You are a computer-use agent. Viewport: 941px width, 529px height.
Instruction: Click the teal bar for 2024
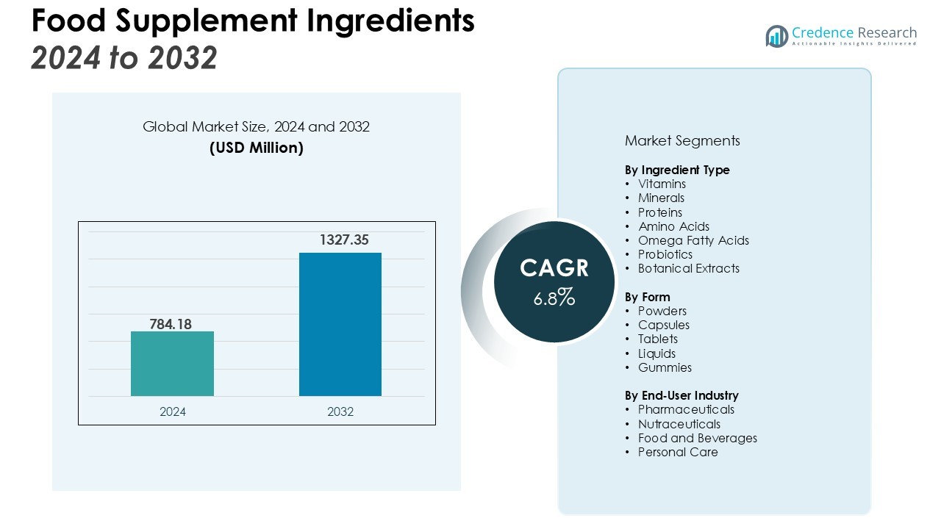[x=172, y=364]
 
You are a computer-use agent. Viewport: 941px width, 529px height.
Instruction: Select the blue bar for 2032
[x=340, y=324]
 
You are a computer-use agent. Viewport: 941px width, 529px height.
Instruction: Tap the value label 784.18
[x=171, y=323]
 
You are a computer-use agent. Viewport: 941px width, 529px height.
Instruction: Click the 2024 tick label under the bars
[x=173, y=411]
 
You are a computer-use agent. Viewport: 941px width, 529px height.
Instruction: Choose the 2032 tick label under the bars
[x=340, y=411]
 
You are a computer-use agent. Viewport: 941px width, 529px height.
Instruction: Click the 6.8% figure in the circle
[x=554, y=298]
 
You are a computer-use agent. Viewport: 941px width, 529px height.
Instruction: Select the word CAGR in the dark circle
[x=554, y=268]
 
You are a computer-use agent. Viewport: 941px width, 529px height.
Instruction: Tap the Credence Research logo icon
[x=776, y=36]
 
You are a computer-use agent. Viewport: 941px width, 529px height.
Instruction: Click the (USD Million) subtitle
[x=256, y=148]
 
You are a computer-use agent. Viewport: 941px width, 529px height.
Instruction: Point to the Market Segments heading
[x=682, y=140]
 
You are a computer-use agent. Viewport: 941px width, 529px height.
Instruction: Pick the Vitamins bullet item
[x=662, y=184]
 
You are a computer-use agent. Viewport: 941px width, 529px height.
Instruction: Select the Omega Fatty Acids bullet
[x=693, y=240]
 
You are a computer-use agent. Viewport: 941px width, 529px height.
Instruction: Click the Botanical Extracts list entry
[x=689, y=268]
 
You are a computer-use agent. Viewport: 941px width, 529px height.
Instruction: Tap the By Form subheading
[x=648, y=297]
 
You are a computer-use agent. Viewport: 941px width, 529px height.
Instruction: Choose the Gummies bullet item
[x=665, y=367]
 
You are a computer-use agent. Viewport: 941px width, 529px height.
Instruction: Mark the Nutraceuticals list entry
[x=679, y=424]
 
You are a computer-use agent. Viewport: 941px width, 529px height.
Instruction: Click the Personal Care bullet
[x=678, y=452]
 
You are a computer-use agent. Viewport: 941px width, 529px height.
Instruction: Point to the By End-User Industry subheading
[x=681, y=395]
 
